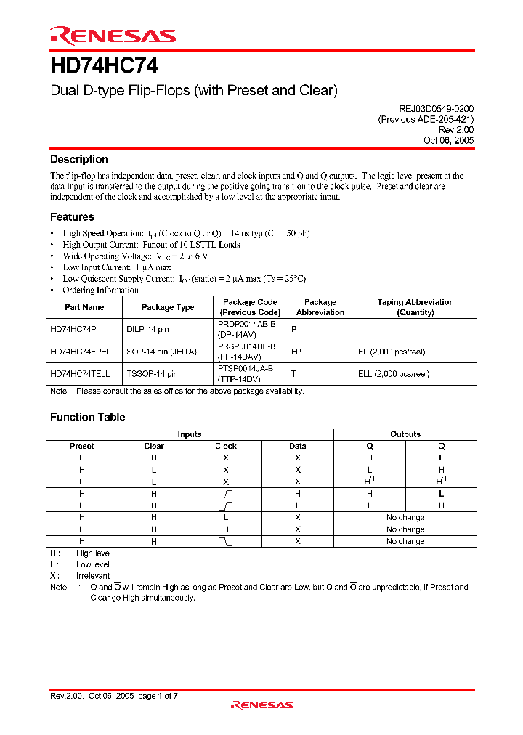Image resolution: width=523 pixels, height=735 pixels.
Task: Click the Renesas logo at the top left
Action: (x=113, y=36)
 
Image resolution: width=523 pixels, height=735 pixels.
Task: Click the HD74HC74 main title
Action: (x=104, y=65)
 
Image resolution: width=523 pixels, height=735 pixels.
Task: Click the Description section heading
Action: (x=78, y=159)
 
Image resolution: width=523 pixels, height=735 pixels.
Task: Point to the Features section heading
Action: (x=72, y=216)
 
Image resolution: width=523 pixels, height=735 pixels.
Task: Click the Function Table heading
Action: (x=87, y=417)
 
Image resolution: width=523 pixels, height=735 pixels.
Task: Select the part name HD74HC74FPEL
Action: (x=80, y=352)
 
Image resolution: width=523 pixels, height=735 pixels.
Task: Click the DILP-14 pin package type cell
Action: (x=147, y=329)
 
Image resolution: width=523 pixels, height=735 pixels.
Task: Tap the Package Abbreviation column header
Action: (x=320, y=307)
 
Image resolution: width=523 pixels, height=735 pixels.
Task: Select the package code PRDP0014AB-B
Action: (x=247, y=324)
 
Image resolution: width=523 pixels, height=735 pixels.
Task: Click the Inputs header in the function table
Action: (x=190, y=434)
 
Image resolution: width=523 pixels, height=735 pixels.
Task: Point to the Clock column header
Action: (x=226, y=446)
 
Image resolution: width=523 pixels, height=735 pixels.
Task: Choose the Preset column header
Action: (x=82, y=446)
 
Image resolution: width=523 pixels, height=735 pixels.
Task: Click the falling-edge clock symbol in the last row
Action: (x=226, y=541)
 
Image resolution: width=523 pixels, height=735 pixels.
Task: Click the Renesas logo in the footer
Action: (x=261, y=704)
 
